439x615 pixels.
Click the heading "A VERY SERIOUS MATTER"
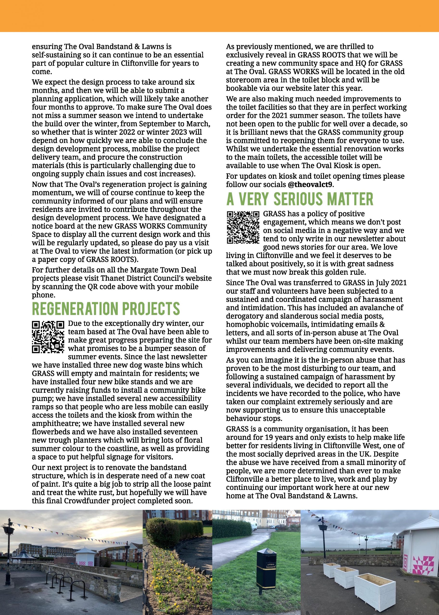tap(300, 199)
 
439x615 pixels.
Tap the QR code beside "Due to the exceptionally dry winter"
tap(48, 337)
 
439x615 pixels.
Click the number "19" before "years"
tap(270, 437)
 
